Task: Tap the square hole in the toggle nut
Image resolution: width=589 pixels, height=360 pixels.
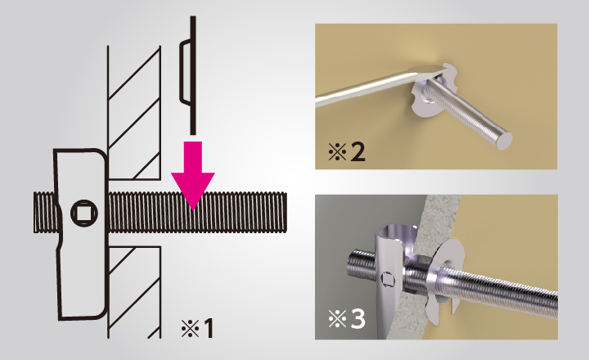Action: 84,213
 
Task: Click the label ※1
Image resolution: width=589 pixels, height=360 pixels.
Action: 198,328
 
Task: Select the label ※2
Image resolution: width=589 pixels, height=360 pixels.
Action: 346,152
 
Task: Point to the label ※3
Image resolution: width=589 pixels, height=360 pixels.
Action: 346,319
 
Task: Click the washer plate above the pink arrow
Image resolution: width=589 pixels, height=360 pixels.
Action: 189,75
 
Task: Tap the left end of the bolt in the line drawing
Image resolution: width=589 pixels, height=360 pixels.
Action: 35,212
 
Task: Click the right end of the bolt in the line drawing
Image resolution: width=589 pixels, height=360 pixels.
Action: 286,212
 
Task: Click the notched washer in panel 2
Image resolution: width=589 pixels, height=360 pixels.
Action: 428,90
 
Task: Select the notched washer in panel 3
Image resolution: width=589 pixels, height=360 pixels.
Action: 447,278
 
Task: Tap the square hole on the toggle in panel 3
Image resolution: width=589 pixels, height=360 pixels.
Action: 387,280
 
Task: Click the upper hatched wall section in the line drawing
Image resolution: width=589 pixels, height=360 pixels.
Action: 134,113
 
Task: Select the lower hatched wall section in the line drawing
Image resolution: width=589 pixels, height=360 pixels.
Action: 134,292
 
